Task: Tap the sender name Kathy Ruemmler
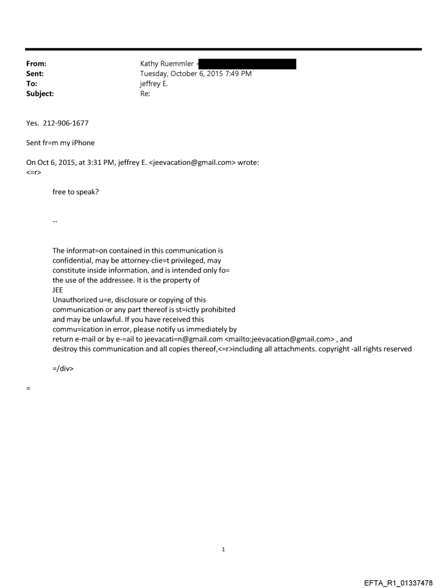click(167, 64)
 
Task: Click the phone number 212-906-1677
click(66, 123)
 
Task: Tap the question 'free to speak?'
click(76, 192)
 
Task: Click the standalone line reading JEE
click(58, 290)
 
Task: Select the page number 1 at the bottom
click(224, 549)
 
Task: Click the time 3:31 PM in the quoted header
click(98, 163)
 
